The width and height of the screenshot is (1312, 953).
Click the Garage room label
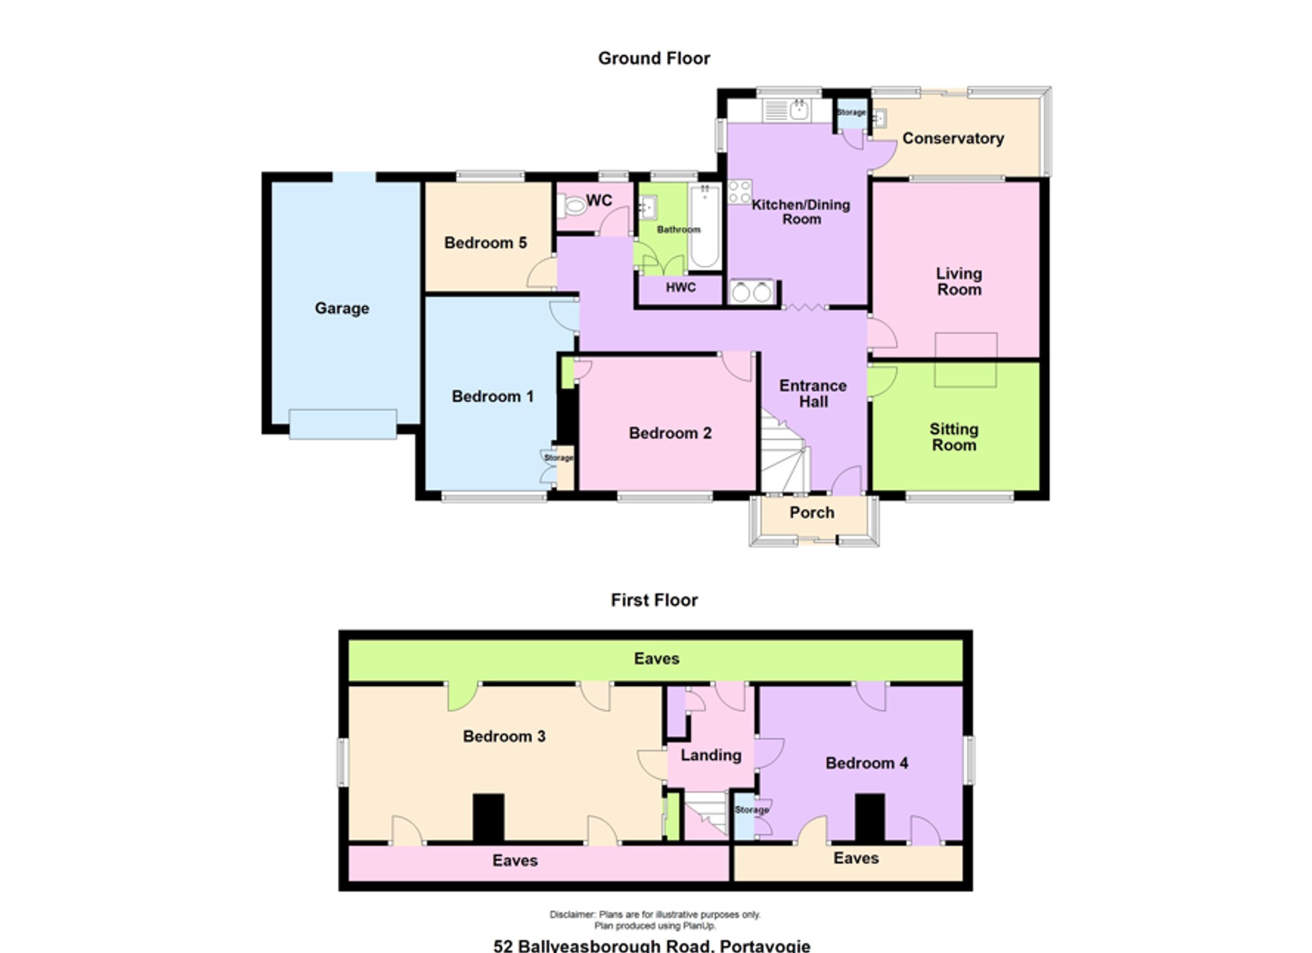342,308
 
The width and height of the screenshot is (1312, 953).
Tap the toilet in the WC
571,207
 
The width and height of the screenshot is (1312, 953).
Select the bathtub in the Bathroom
705,226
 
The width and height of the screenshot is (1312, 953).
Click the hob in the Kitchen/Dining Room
739,192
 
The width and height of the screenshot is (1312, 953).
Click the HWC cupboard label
680,287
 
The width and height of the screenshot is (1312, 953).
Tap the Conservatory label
953,138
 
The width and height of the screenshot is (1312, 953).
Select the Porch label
812,512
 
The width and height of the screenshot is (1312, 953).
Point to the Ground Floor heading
654,58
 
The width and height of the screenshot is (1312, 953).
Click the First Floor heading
654,600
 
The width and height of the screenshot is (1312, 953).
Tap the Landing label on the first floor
711,756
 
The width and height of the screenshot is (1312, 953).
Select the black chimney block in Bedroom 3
489,817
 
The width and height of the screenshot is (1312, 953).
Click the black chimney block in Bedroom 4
870,817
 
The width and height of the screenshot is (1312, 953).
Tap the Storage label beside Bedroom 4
751,810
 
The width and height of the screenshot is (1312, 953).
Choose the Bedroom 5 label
485,243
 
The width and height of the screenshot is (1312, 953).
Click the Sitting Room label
954,437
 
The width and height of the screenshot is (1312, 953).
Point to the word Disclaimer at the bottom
573,914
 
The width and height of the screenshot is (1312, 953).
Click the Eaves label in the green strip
657,659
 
